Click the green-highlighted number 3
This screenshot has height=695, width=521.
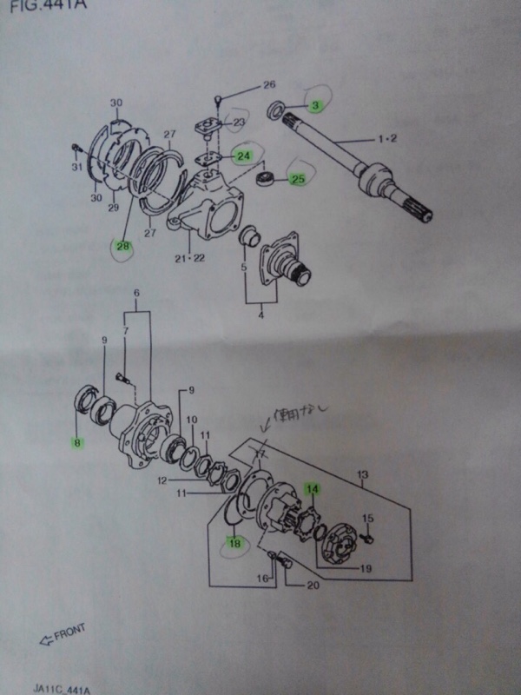point(316,105)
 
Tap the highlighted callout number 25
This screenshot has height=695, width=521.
point(299,180)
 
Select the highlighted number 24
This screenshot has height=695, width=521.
point(244,156)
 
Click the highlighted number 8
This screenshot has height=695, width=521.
point(77,443)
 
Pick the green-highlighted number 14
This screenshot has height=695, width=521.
point(313,489)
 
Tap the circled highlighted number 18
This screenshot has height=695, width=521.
point(234,545)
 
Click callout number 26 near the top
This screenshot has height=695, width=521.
point(268,84)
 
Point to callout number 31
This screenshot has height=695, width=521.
point(76,167)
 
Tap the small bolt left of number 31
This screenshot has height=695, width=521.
point(76,147)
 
